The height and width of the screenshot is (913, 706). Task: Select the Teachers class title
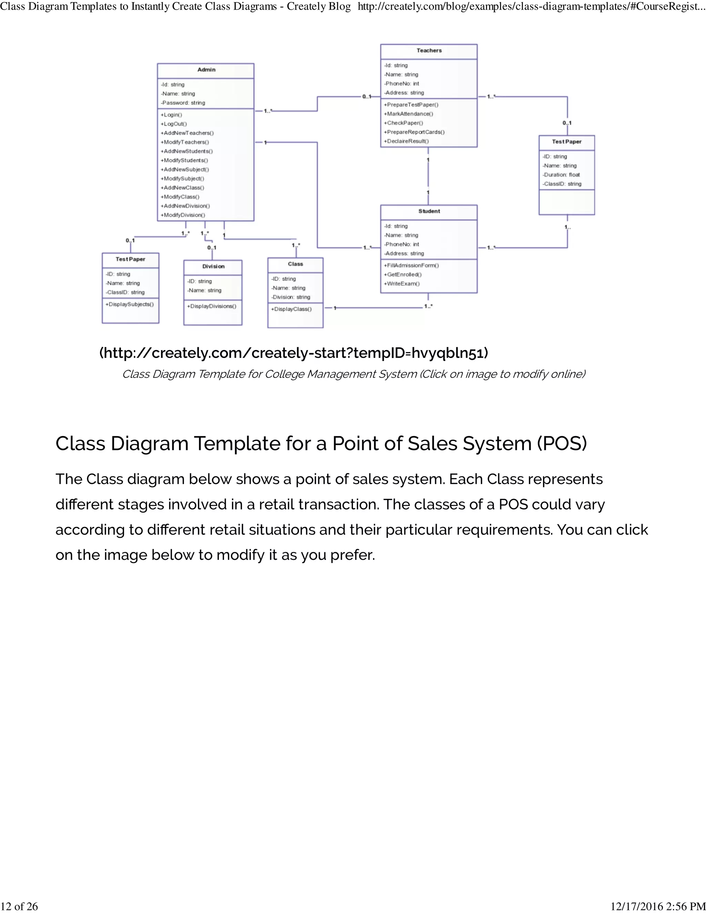(429, 51)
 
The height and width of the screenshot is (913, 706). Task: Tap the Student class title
(429, 211)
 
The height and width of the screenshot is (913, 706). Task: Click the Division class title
(213, 266)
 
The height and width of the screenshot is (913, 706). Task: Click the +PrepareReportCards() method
(414, 132)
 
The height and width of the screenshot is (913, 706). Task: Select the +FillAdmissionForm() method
(411, 265)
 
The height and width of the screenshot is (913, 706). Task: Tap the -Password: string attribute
(183, 103)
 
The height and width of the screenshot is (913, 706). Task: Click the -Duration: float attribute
(561, 175)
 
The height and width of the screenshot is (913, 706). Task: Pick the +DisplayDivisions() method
(212, 306)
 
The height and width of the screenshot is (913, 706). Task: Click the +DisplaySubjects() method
(130, 304)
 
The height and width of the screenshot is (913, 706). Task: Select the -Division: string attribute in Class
(291, 297)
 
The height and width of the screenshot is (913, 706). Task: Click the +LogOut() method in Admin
(174, 124)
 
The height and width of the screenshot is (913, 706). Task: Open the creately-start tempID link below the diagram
(294, 353)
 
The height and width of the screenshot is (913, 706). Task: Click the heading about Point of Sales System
(321, 443)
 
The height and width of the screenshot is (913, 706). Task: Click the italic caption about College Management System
(353, 374)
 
